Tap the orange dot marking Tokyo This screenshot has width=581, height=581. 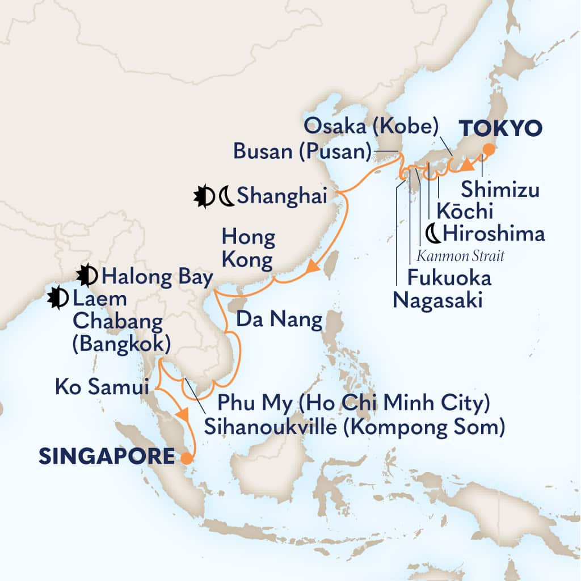point(487,150)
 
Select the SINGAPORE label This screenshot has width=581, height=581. point(106,456)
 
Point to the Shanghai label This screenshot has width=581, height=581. point(281,197)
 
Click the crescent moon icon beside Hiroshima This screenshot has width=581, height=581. point(432,233)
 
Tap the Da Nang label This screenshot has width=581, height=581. point(279,321)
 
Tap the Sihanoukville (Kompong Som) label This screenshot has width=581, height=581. point(355,427)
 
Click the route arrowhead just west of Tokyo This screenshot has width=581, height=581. point(466,165)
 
